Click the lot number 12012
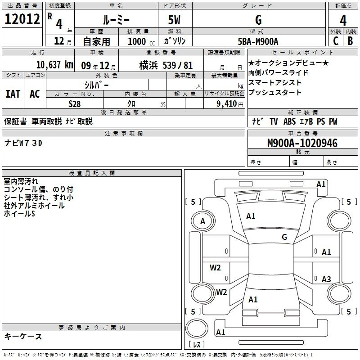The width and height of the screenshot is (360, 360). coord(22,19)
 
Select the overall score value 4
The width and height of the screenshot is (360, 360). coord(343,21)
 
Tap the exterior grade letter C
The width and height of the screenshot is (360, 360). coord(336,41)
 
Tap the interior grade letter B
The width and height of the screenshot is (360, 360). coord(351,41)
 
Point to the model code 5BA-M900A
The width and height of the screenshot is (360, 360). coord(258,41)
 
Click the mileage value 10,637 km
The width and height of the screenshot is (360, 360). coord(55,65)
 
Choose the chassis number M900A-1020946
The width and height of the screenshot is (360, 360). coord(302,143)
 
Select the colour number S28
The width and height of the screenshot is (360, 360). coord(75,104)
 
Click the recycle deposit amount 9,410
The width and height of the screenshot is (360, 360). coord(227,104)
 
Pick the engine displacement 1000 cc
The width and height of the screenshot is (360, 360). coord(141,41)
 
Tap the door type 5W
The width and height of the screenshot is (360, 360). coord(174,20)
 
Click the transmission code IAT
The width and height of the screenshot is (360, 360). coord(13,94)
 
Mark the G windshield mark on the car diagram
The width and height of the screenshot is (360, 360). coord(284,237)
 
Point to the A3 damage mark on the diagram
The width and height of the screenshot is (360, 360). coord(326,279)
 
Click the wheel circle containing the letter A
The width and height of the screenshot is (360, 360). coord(203,221)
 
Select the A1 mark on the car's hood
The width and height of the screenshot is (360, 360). coord(251,216)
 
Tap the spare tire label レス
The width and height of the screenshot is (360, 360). coord(197,344)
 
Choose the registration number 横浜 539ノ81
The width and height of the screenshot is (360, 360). coord(166,65)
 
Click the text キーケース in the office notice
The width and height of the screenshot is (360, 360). coord(23,336)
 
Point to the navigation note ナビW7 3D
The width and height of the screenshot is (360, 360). coord(23,143)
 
